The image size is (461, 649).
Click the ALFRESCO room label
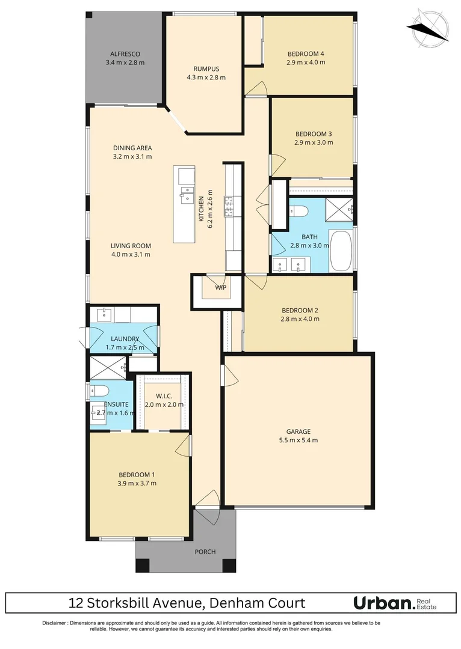point(125,53)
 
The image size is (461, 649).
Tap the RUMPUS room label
point(206,69)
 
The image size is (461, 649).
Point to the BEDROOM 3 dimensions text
point(314,142)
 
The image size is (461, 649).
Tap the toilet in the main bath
point(299,211)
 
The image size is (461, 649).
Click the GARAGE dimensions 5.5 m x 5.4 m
point(298,440)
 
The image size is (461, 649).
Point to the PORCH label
point(205,552)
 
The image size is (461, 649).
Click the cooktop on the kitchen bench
point(230,206)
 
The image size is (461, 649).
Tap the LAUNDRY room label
point(125,339)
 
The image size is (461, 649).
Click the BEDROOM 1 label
point(137,474)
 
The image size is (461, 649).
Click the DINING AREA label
point(132,148)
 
